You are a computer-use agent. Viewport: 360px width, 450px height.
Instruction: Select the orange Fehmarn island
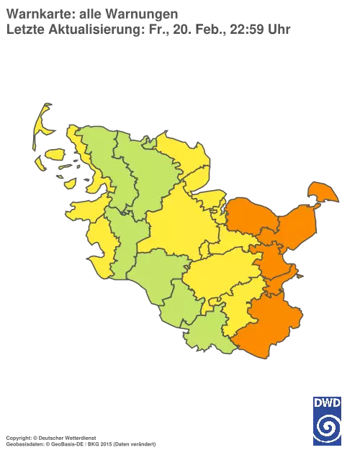(x=322, y=192)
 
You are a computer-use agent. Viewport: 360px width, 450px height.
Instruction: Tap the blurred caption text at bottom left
(x=79, y=438)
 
